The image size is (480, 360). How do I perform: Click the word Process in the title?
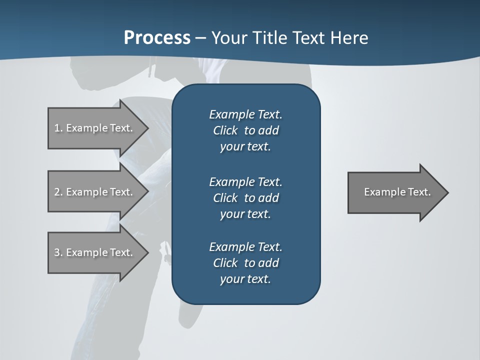point(157,37)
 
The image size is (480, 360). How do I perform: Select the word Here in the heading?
point(349,37)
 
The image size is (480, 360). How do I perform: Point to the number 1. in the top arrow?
point(58,128)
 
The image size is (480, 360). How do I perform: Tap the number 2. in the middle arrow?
point(58,192)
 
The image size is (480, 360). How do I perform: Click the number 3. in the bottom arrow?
point(58,252)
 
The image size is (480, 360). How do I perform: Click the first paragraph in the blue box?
point(245,130)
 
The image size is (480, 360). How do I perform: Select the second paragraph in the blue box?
point(245,197)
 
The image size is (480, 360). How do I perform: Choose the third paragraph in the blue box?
point(245,263)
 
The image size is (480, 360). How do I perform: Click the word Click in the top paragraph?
point(225,130)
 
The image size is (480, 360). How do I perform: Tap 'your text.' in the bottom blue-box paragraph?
point(245,279)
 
